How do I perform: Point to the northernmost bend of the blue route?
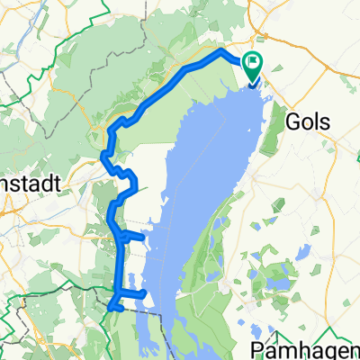pyautogui.click(x=222, y=52)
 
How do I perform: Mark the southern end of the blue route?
pyautogui.click(x=110, y=309)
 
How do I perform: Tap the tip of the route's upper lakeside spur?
pyautogui.click(x=142, y=238)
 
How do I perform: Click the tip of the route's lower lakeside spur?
pyautogui.click(x=145, y=293)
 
